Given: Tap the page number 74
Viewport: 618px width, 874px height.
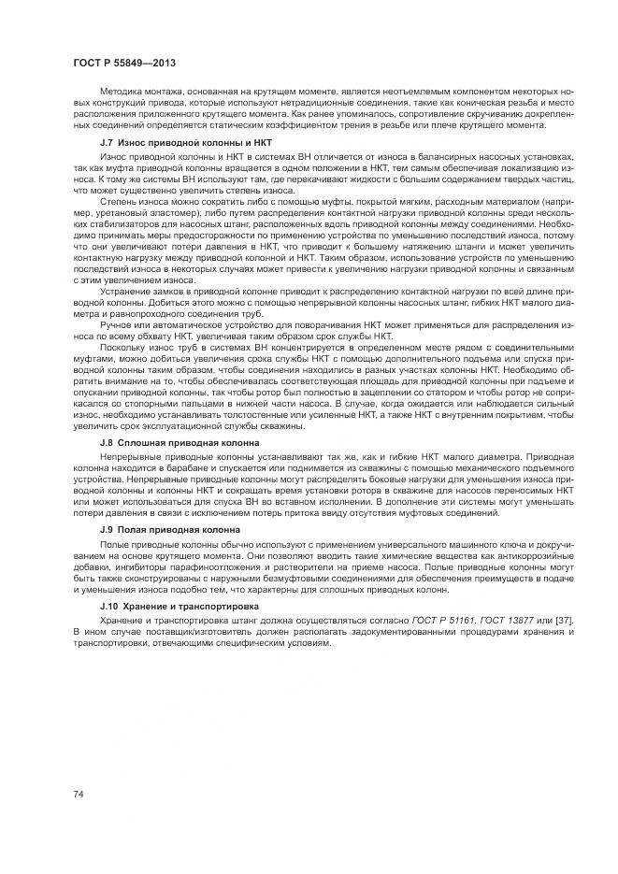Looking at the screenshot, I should [x=78, y=793].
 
